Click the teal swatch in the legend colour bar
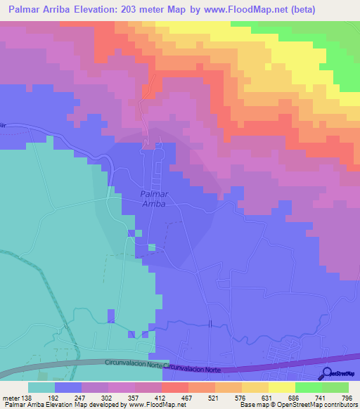coord(41,387)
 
